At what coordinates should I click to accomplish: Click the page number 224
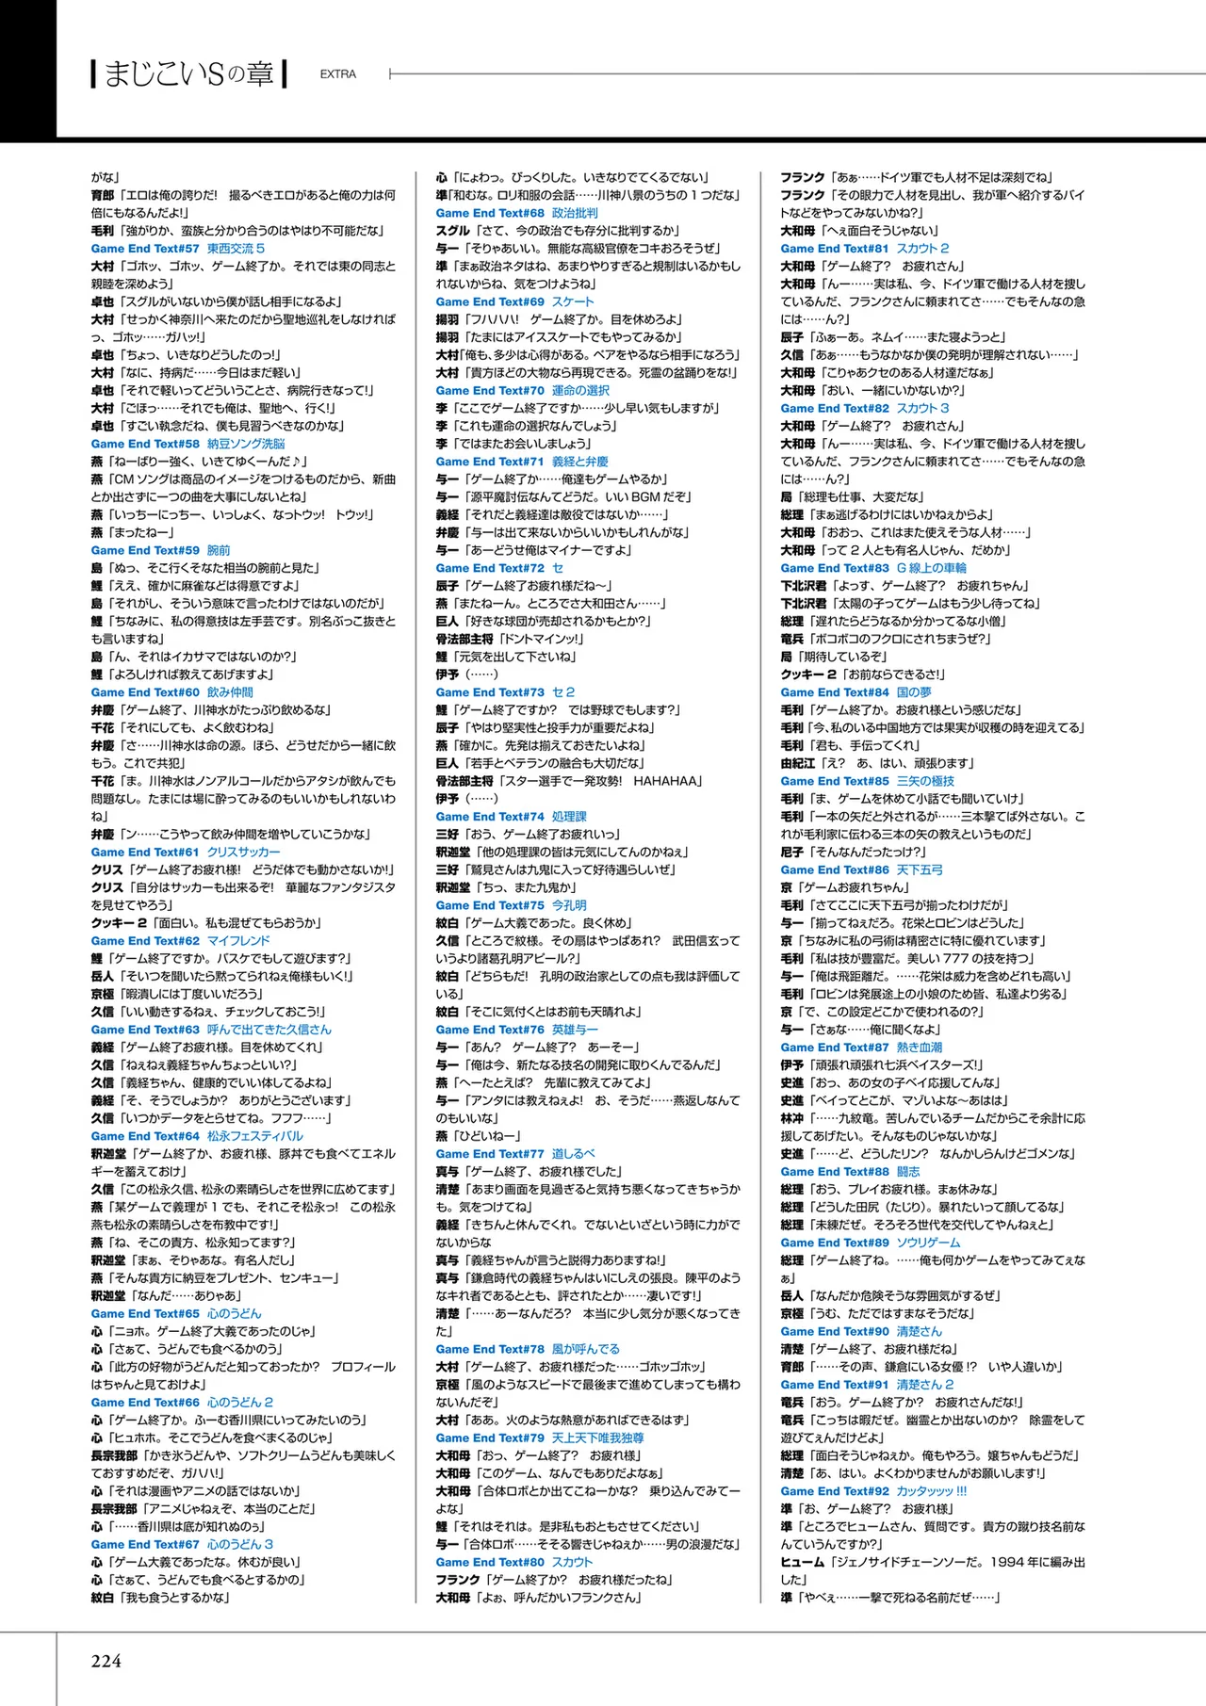coord(106,1660)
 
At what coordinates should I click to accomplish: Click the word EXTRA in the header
coord(337,74)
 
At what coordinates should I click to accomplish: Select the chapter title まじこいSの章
coord(188,73)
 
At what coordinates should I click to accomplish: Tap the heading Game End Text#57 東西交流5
coord(178,249)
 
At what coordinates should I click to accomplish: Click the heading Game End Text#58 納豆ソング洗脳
coord(187,444)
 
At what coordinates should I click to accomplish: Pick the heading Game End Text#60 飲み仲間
coord(171,692)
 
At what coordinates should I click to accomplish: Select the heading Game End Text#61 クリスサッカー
coord(185,853)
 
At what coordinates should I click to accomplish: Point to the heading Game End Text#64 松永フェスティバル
coord(197,1136)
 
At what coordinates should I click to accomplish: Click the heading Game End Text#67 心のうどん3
coord(182,1545)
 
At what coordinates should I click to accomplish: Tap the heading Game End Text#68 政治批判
coord(516,213)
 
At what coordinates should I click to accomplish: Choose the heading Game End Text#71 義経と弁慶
coord(522,462)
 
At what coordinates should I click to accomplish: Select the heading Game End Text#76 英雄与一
coord(516,1030)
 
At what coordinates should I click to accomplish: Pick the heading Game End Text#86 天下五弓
coord(861,870)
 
